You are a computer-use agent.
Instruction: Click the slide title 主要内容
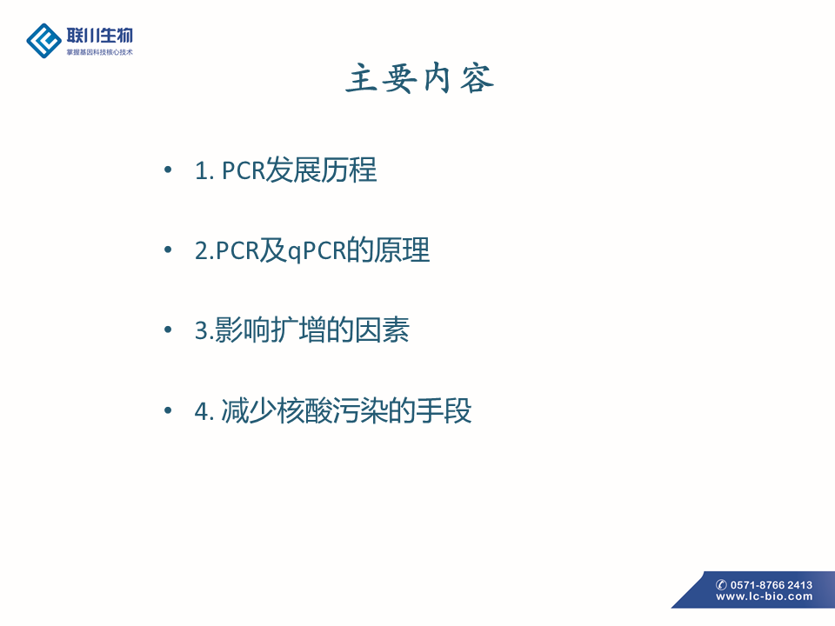pyautogui.click(x=419, y=79)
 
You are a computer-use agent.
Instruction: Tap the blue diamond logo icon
pyautogui.click(x=43, y=41)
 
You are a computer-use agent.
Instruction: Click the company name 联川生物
pyautogui.click(x=99, y=35)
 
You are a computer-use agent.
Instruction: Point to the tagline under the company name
pyautogui.click(x=99, y=52)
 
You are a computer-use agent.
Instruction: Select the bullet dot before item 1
pyautogui.click(x=168, y=170)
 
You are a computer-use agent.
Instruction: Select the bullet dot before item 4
pyautogui.click(x=168, y=410)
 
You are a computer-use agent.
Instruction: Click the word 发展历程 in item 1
pyautogui.click(x=321, y=170)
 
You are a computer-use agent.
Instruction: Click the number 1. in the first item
pyautogui.click(x=204, y=171)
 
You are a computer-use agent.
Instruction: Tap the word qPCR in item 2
pyautogui.click(x=317, y=250)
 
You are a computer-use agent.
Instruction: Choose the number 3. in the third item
pyautogui.click(x=204, y=330)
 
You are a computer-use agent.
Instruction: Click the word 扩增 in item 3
pyautogui.click(x=298, y=330)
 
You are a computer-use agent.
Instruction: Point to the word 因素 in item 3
pyautogui.click(x=382, y=330)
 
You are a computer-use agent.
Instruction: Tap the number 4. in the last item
pyautogui.click(x=204, y=411)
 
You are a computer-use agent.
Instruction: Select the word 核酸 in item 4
pyautogui.click(x=304, y=411)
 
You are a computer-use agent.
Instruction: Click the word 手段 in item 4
pyautogui.click(x=444, y=411)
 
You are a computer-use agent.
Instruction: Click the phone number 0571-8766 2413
pyautogui.click(x=771, y=584)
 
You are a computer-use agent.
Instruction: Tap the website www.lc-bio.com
pyautogui.click(x=765, y=596)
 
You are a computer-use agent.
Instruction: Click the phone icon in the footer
pyautogui.click(x=721, y=584)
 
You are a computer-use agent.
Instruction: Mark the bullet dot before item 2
pyautogui.click(x=168, y=250)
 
